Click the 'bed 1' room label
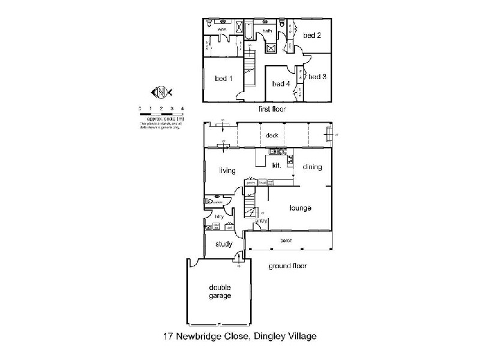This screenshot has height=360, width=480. point(224,78)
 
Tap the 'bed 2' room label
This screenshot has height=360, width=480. point(312,35)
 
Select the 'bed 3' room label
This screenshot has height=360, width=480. point(317,76)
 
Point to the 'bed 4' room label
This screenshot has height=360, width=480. point(281,83)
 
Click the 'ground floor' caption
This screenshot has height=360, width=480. point(288,265)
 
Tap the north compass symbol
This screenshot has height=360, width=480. point(161,92)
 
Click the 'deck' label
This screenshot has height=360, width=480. point(272,136)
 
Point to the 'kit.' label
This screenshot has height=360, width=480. point(277,164)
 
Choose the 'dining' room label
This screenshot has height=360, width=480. point(313,167)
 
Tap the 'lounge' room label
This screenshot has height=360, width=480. point(300,208)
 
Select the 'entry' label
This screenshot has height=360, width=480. point(261,221)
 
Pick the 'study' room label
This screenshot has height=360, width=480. point(224,244)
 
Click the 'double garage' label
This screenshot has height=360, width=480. point(220,291)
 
